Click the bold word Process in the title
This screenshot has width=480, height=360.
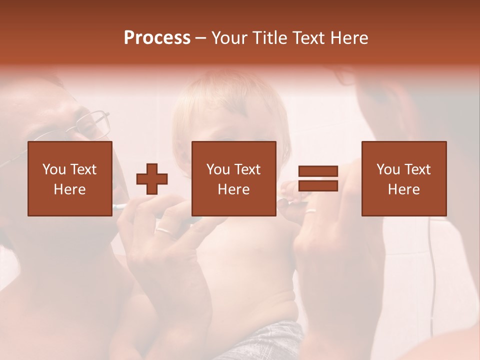157,38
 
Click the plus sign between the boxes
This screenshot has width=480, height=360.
152,179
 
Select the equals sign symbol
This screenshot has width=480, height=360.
318,178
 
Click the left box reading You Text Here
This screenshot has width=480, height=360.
69,178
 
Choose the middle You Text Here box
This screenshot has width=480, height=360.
233,178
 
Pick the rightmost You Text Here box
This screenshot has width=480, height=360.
403,178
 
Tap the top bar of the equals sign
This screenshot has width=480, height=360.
318,171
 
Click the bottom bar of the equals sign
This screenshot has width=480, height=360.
318,185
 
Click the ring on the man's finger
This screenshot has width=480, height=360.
164,230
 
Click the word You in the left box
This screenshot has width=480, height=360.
53,169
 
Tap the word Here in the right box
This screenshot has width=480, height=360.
403,189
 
